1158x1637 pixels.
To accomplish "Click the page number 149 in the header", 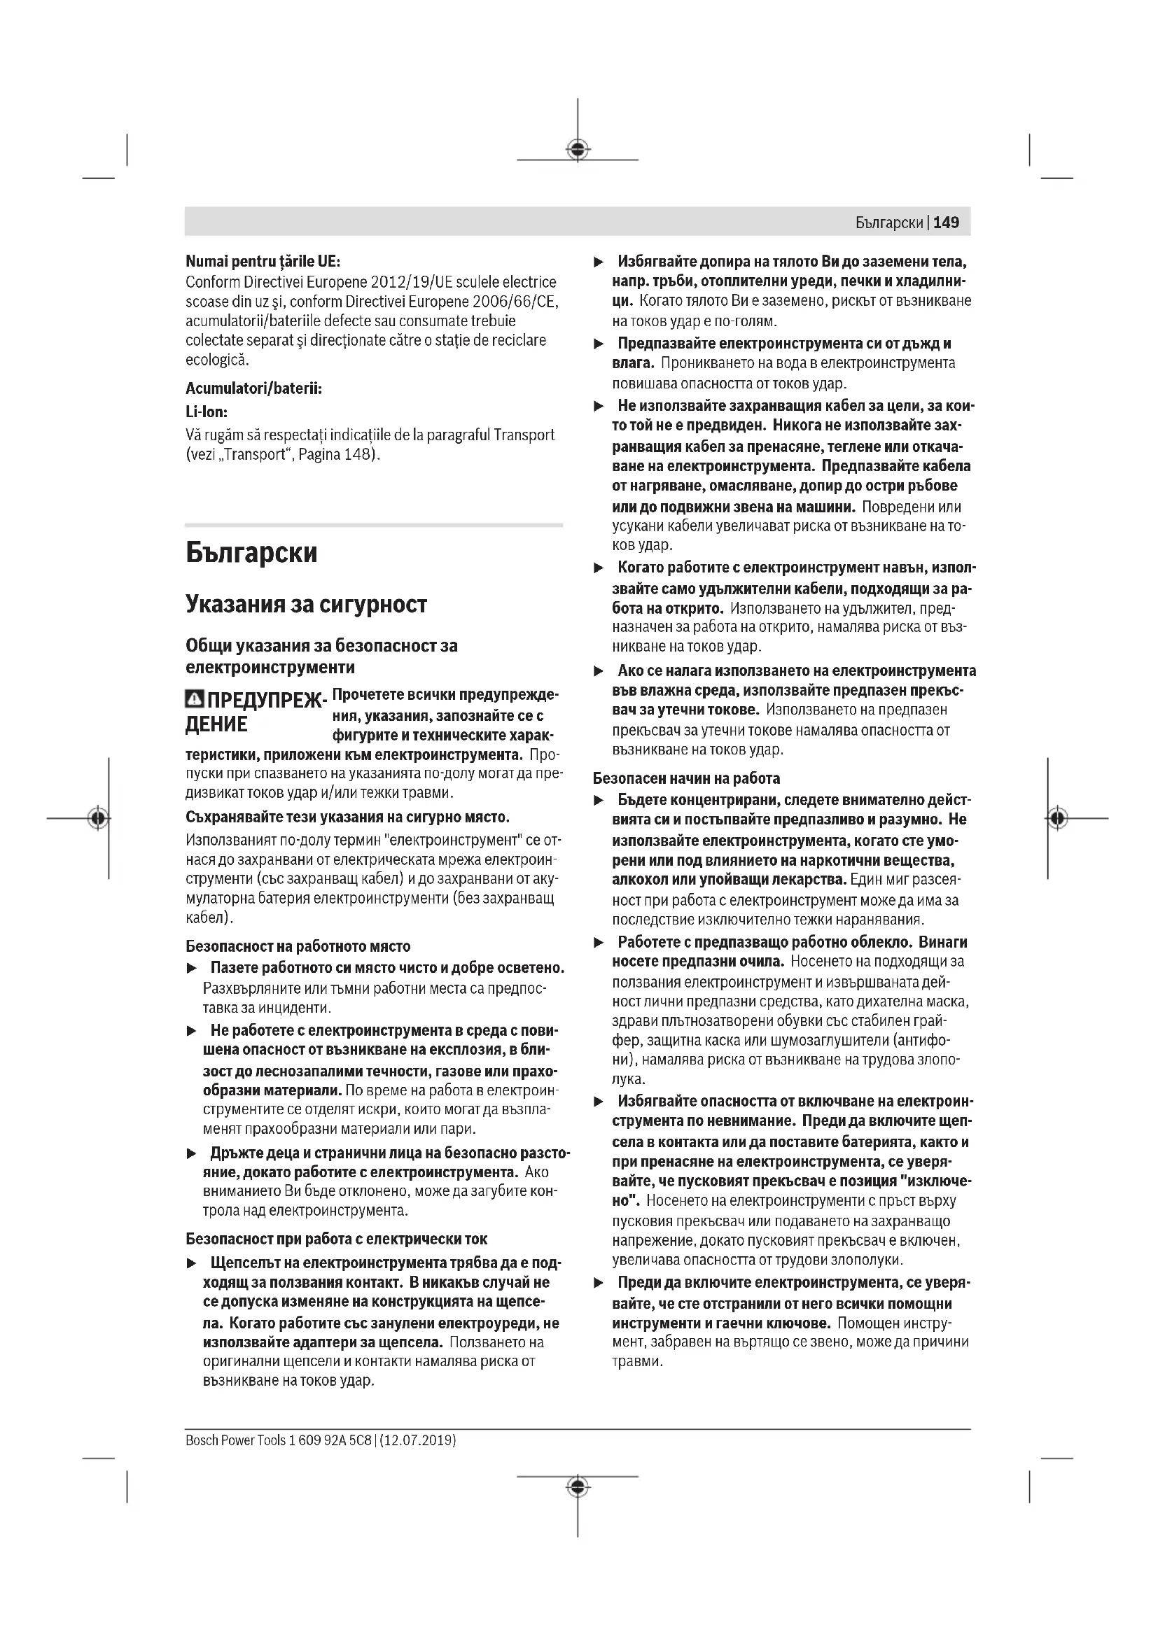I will pyautogui.click(x=947, y=223).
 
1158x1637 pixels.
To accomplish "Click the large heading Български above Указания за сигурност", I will pyautogui.click(x=251, y=554).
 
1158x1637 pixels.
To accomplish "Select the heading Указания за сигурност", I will pyautogui.click(x=306, y=605).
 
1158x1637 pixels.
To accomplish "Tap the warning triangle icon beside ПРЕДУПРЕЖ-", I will pyautogui.click(x=194, y=699).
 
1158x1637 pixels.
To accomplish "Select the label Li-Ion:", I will pyautogui.click(x=207, y=412).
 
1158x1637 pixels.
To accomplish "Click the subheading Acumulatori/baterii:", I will pyautogui.click(x=254, y=388).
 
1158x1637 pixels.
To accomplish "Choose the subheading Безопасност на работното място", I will pyautogui.click(x=298, y=946).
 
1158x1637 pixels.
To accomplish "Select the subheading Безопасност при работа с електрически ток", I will pyautogui.click(x=337, y=1239).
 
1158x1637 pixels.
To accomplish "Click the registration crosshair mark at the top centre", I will pyautogui.click(x=578, y=150).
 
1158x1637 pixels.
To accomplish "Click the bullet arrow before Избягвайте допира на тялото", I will pyautogui.click(x=599, y=262).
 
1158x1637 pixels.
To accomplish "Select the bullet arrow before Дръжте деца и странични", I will pyautogui.click(x=191, y=1153).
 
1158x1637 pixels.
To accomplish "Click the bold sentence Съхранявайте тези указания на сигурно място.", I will pyautogui.click(x=348, y=816).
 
